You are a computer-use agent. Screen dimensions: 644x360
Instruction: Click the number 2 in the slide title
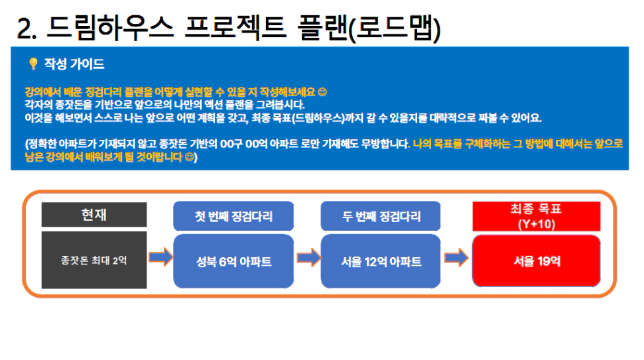pos(25,29)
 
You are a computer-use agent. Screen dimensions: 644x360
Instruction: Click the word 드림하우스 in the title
pos(109,28)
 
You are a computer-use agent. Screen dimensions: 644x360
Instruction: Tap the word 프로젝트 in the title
pos(235,28)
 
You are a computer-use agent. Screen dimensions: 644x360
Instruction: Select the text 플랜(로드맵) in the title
pos(369,29)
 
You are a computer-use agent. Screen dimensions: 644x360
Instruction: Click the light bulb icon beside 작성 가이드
pos(33,64)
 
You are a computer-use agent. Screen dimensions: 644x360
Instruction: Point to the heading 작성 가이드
pos(74,64)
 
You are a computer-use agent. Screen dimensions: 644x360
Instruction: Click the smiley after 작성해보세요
pos(323,92)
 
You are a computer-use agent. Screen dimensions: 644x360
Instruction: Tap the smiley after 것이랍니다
pos(189,157)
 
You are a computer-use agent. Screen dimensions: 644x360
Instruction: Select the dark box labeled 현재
pos(94,214)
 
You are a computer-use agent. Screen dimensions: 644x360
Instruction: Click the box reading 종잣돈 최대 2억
pos(94,260)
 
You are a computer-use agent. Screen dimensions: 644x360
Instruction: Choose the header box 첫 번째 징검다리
pos(233,216)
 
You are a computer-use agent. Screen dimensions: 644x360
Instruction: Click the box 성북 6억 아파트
pos(233,261)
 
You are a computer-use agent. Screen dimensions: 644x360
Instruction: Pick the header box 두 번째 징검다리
pos(381,216)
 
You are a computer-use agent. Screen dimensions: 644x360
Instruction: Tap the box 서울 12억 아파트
pos(381,261)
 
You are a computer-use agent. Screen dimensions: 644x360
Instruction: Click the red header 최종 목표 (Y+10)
pos(537,216)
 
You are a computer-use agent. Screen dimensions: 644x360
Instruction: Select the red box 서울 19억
pos(537,261)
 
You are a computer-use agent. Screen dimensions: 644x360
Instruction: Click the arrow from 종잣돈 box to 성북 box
pos(161,257)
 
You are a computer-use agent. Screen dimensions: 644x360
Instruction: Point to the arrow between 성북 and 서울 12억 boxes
pos(309,258)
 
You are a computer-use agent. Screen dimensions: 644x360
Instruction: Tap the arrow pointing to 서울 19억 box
pos(456,258)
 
